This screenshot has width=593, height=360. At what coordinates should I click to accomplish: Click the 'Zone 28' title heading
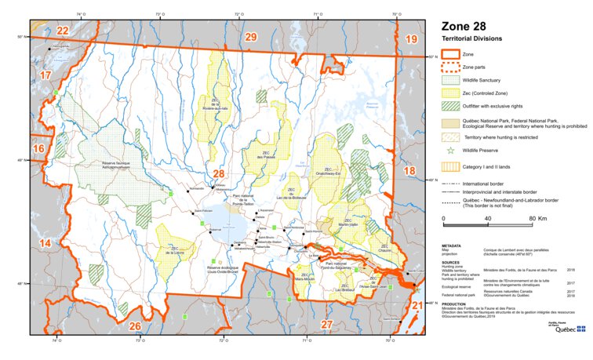tap(468, 26)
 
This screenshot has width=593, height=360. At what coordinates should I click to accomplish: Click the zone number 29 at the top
tap(250, 37)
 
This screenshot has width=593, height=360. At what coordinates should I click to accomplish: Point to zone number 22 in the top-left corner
tap(63, 31)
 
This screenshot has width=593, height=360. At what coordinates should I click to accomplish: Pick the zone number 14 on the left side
tap(45, 244)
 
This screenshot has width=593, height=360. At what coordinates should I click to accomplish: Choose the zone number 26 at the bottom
tap(135, 325)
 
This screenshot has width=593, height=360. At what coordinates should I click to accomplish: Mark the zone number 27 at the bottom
tap(327, 323)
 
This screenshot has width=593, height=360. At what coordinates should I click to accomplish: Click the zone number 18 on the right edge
tap(408, 170)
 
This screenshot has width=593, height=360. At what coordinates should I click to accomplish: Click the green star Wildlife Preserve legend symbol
tap(450, 149)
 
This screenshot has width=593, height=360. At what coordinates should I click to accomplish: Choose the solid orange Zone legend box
tap(450, 54)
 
